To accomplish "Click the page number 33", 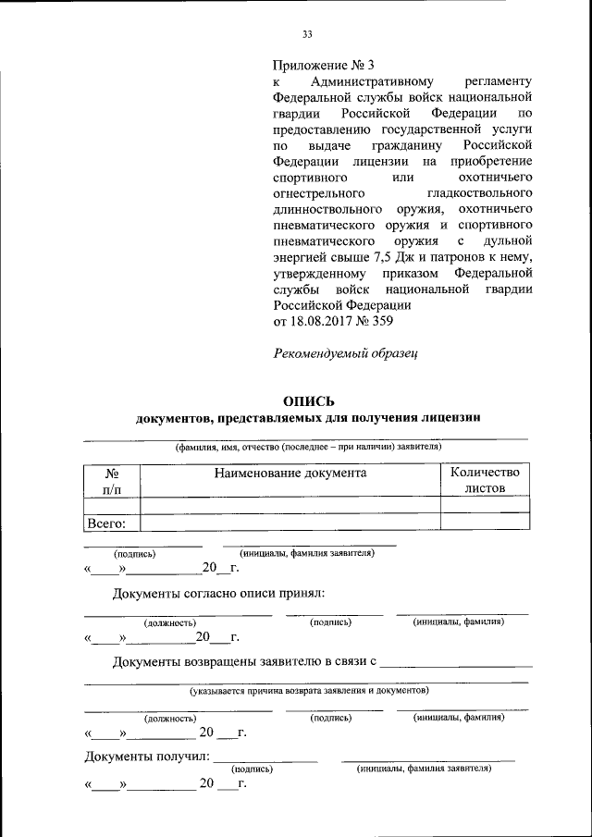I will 308,35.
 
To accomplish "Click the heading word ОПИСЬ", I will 308,401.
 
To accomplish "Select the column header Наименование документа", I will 290,473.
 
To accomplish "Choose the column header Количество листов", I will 485,480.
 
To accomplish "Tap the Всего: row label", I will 106,523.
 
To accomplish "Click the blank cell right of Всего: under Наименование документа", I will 290,523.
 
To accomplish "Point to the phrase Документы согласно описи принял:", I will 218,593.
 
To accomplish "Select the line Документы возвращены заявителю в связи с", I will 244,662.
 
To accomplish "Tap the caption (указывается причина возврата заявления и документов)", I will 309,690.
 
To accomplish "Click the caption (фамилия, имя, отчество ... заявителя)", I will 309,448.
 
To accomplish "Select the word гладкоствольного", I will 479,193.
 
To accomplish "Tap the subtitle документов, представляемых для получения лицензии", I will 308,419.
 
